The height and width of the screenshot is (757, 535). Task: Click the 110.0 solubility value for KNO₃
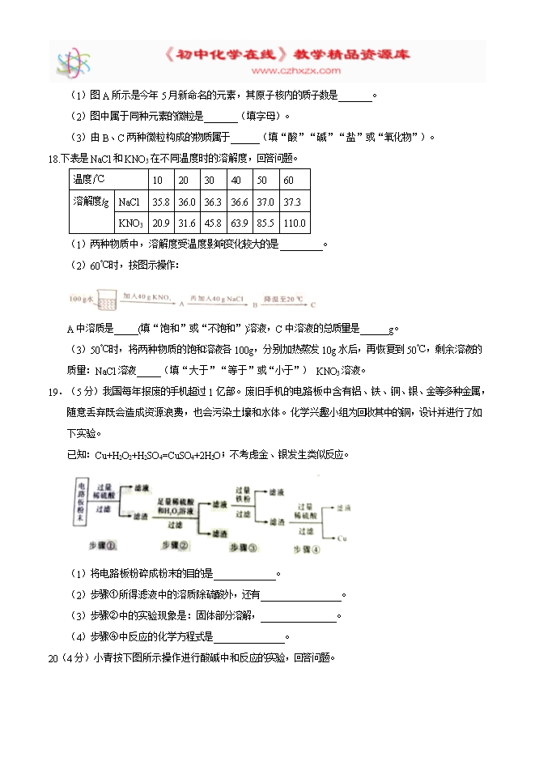[295, 223]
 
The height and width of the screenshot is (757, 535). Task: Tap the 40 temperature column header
[236, 180]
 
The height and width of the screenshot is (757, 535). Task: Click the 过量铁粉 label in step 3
[245, 495]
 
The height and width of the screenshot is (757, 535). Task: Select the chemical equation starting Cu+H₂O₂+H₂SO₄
[161, 455]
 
